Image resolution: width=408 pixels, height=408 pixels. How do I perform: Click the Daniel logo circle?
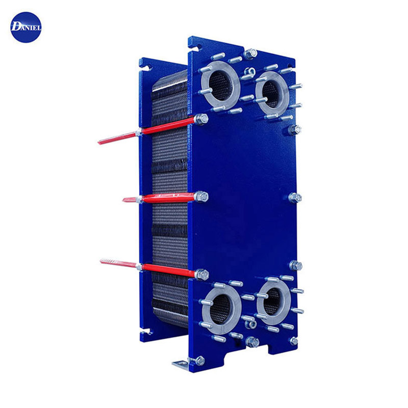click(x=26, y=28)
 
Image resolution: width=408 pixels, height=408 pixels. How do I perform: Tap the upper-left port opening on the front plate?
click(x=220, y=86)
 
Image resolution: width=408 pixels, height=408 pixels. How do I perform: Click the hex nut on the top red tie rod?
click(x=201, y=119)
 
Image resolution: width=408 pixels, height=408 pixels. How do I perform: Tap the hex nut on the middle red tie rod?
click(x=201, y=196)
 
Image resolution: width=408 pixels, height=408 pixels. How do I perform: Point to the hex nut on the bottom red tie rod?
click(x=202, y=275)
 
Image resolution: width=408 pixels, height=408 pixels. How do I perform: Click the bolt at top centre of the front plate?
click(x=250, y=54)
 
